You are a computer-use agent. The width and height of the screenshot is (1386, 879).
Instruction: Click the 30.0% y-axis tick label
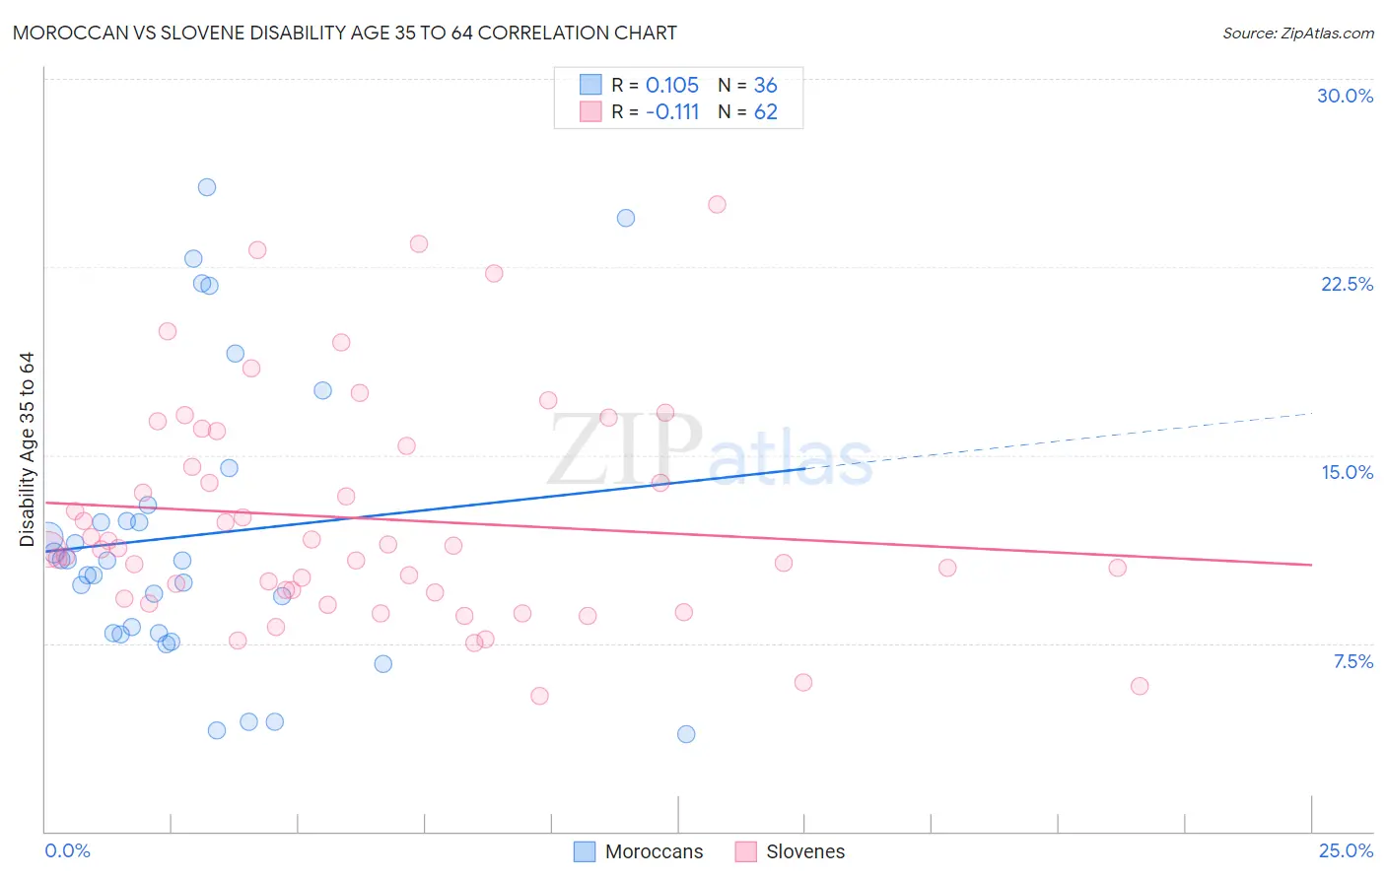[x=1345, y=96]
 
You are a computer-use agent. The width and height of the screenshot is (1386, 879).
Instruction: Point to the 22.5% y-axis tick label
[x=1347, y=284]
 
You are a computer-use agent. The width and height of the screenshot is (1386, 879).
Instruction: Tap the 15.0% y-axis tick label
[x=1347, y=472]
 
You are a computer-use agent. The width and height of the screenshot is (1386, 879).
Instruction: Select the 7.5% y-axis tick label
[x=1352, y=661]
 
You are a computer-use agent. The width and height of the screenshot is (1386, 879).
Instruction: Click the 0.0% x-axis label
[x=67, y=850]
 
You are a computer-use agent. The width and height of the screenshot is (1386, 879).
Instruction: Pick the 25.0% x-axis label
[x=1346, y=850]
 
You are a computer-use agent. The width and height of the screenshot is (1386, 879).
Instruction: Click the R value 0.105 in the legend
[x=671, y=85]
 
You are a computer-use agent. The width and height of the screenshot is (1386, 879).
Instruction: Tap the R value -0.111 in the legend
[x=672, y=111]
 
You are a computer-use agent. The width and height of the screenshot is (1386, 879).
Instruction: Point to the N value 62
[x=765, y=111]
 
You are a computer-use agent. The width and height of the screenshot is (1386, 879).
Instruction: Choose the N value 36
[x=765, y=85]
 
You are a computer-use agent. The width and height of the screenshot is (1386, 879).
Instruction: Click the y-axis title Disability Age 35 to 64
[x=27, y=448]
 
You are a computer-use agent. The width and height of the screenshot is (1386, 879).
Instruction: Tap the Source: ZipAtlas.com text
[x=1297, y=33]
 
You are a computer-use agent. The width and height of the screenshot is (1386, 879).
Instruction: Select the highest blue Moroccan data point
[x=207, y=187]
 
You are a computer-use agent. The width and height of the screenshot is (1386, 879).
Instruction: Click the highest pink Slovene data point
[x=717, y=205]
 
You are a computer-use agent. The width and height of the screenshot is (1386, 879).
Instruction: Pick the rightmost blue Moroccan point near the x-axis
[x=686, y=734]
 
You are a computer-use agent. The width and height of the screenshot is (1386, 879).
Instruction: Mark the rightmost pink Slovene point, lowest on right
[x=1140, y=686]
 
